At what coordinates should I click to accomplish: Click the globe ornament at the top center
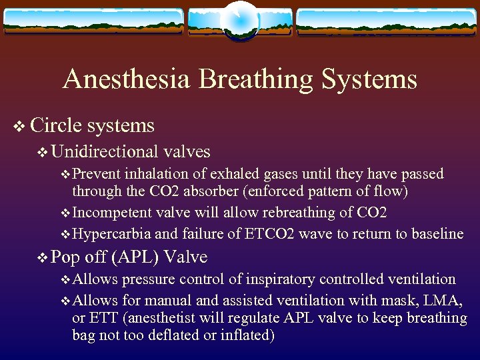pos(239,21)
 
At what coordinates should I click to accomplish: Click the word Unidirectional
pos(104,152)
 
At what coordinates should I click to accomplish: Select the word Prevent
pos(96,174)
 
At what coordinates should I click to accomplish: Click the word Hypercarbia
pos(112,234)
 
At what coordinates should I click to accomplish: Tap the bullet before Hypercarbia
pos(65,235)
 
